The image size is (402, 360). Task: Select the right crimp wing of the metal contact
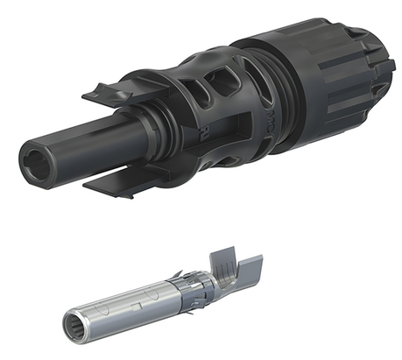pyautogui.click(x=250, y=263)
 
